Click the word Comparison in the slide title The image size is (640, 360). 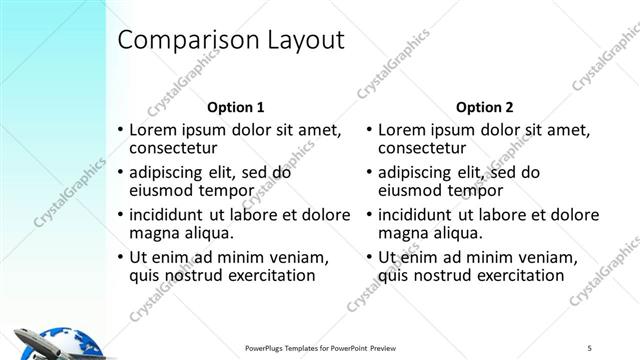pos(182,40)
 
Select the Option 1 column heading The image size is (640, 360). pos(235,106)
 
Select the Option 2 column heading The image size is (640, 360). pos(485,106)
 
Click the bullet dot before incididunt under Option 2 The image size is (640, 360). pos(370,215)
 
